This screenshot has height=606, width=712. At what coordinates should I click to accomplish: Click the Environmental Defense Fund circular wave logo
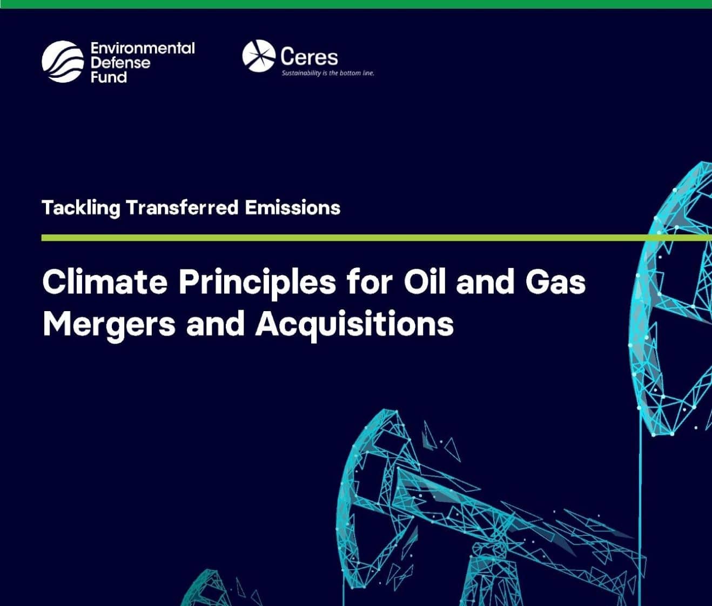(63, 62)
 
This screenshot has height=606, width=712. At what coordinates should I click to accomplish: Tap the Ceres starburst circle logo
(259, 56)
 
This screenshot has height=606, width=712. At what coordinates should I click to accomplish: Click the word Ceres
(309, 57)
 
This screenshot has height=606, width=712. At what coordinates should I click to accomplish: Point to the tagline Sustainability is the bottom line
(328, 73)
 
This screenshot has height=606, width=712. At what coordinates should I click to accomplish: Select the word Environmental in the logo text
(143, 49)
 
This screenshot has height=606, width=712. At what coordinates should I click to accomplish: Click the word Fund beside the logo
(109, 77)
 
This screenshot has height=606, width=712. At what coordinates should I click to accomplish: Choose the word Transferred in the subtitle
(182, 207)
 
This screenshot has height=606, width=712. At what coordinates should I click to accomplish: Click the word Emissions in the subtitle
(293, 207)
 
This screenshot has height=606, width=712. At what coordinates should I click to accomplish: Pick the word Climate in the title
(105, 282)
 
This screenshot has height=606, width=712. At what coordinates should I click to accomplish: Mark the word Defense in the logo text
(120, 63)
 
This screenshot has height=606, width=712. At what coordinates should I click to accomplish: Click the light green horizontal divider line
(377, 238)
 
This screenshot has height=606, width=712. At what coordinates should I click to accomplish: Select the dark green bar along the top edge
(356, 4)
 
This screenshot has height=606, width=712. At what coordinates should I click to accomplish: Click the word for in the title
(370, 282)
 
